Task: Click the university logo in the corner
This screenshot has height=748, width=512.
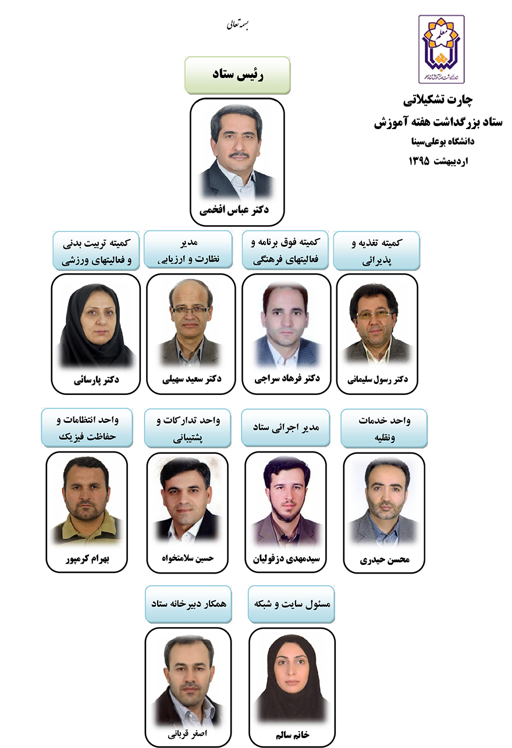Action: tap(442, 49)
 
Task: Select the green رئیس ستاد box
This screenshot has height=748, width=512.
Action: tap(237, 75)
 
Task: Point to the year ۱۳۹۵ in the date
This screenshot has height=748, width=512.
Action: tap(419, 161)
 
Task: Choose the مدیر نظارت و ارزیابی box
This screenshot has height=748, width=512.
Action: tap(189, 251)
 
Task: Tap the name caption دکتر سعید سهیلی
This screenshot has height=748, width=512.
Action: tap(191, 379)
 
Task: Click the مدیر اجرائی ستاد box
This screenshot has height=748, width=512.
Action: tap(285, 428)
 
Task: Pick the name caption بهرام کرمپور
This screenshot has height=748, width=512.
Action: tap(87, 559)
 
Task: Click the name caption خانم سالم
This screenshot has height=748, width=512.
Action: tap(292, 733)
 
